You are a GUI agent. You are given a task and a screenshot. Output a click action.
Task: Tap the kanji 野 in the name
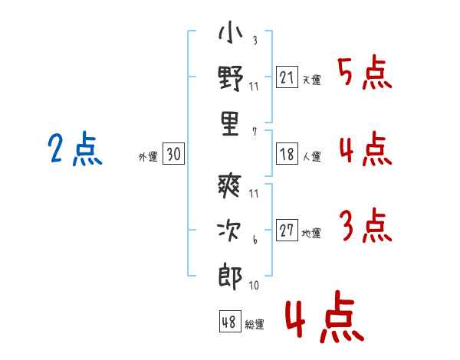pos(230,80)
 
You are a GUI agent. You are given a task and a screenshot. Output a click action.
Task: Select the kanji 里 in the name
pos(230,124)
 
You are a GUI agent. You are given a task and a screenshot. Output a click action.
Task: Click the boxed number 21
pos(287,77)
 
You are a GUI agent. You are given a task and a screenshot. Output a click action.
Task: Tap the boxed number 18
pos(287,154)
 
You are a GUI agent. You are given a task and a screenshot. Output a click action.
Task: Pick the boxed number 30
pos(173,154)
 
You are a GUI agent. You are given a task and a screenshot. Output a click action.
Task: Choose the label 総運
pos(255,324)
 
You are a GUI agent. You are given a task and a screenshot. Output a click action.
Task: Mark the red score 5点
pos(364,73)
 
